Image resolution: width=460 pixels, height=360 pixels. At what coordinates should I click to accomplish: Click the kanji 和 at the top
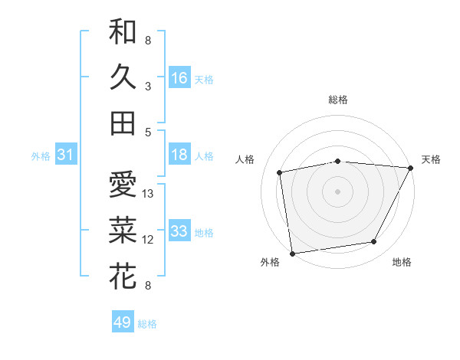[123, 33]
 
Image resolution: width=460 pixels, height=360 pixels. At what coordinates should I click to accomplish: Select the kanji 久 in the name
[123, 78]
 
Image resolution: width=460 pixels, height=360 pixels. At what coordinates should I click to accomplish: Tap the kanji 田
[123, 123]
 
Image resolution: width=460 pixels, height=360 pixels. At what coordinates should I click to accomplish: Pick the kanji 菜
[123, 231]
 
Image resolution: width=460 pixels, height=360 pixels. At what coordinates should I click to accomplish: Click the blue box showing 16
[179, 78]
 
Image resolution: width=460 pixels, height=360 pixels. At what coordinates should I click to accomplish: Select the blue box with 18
[179, 155]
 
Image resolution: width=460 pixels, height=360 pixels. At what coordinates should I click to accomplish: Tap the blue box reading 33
[179, 231]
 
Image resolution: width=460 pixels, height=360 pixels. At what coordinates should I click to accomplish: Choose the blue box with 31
[65, 155]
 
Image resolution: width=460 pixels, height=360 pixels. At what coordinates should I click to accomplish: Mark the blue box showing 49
[123, 322]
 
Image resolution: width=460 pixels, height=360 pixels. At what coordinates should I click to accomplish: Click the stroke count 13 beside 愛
[149, 194]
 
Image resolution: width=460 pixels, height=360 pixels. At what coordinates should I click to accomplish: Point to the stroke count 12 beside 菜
[149, 240]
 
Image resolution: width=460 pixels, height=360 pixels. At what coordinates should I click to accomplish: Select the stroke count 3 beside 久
[147, 87]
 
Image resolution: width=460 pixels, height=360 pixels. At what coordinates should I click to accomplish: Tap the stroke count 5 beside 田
[147, 132]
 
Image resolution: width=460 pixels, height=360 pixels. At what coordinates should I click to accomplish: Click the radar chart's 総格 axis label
[338, 100]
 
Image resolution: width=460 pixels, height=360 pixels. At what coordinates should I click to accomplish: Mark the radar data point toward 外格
[292, 253]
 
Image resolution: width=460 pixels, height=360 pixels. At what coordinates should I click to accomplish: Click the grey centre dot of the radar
[338, 190]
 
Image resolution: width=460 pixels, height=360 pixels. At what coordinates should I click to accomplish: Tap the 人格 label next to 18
[204, 155]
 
